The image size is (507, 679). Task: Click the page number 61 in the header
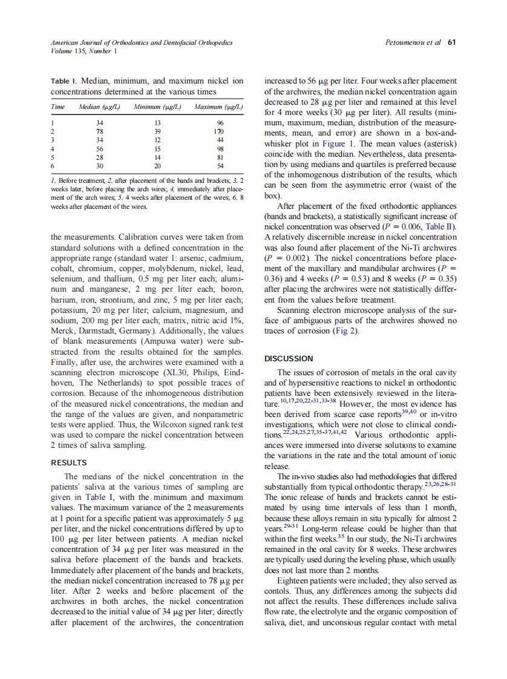451,43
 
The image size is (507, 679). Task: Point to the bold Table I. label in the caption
64,80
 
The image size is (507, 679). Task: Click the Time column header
58,107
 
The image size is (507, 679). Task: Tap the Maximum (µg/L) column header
218,107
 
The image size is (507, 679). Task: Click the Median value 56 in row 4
100,148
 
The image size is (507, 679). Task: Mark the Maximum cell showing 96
220,122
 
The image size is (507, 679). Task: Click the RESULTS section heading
69,463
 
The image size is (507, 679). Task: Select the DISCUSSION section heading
289,358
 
